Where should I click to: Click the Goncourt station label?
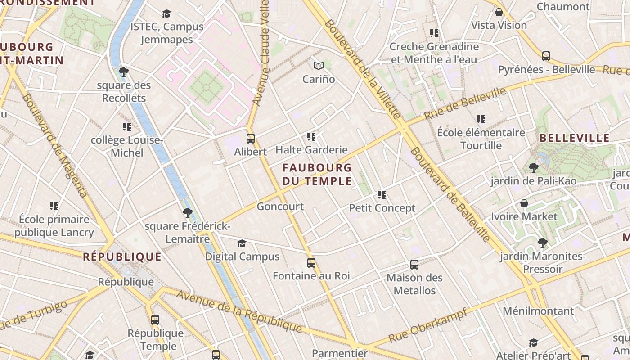click(x=280, y=207)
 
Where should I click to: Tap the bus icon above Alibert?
click(x=251, y=139)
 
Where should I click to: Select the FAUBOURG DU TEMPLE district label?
click(x=317, y=175)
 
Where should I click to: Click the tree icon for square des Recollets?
click(x=124, y=72)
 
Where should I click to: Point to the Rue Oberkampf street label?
click(x=427, y=325)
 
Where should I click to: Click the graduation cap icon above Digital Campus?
click(x=242, y=243)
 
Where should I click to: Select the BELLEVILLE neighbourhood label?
click(x=574, y=138)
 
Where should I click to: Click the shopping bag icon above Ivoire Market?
click(x=524, y=203)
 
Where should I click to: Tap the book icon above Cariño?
click(x=319, y=66)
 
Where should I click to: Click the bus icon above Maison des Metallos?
click(x=414, y=265)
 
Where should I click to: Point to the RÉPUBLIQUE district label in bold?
click(x=122, y=257)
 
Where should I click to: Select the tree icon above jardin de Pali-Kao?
click(x=534, y=168)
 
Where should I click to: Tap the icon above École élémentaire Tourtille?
click(x=481, y=119)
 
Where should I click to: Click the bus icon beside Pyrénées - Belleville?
click(x=546, y=56)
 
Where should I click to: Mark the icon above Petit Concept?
click(x=382, y=195)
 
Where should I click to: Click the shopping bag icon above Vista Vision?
click(x=499, y=12)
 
